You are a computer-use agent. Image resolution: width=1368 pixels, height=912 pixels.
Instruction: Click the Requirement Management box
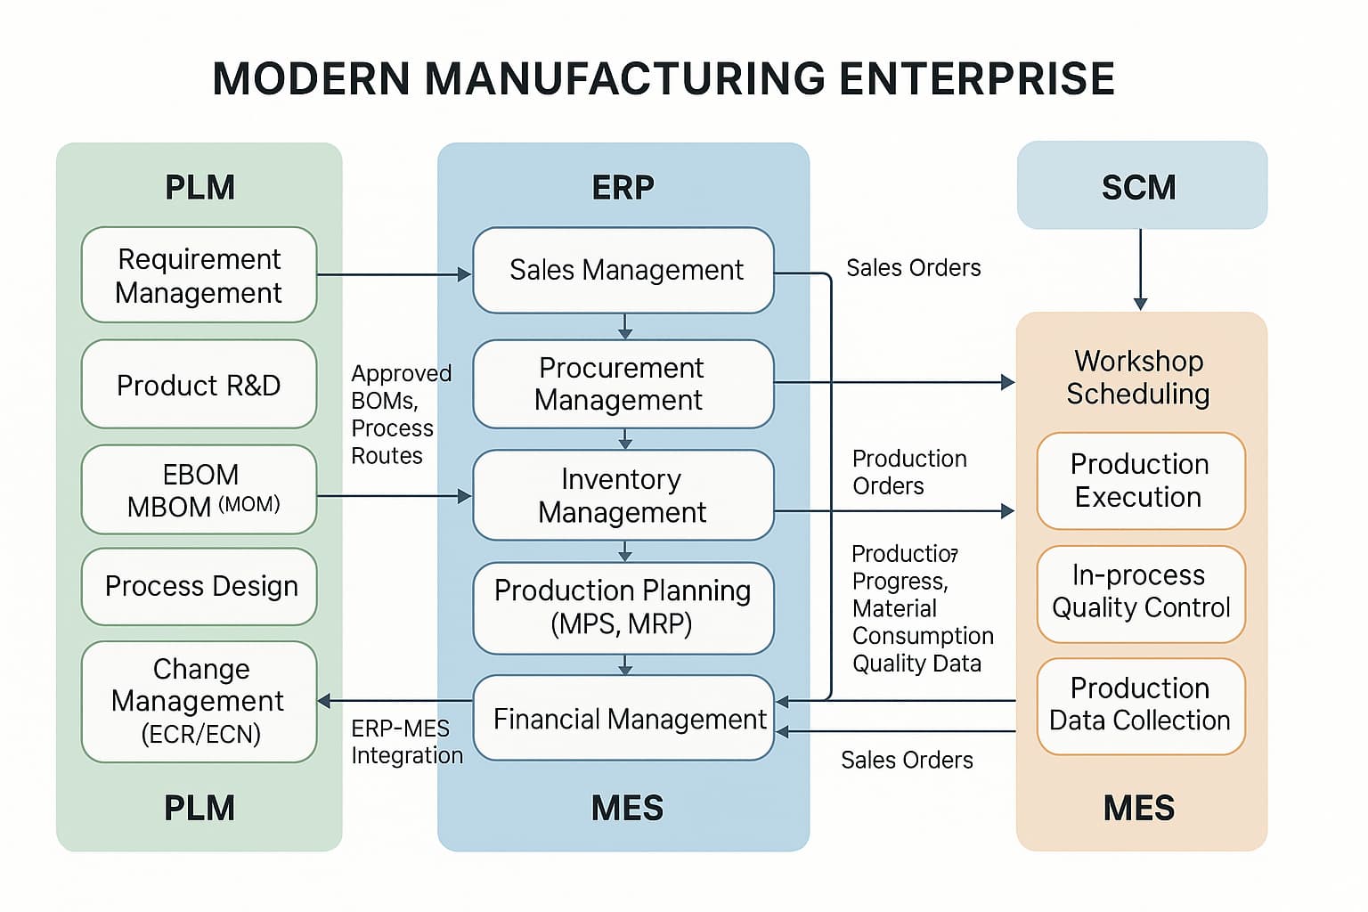click(x=199, y=275)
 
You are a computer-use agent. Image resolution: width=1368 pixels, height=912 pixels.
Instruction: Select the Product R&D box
click(x=199, y=384)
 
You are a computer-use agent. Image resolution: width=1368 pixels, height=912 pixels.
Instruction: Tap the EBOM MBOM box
click(x=199, y=489)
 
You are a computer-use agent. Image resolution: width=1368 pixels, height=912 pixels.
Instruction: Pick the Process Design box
click(x=199, y=586)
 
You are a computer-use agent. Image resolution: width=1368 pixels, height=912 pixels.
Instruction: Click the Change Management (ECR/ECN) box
click(x=199, y=701)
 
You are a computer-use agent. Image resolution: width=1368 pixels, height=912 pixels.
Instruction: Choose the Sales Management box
click(x=623, y=270)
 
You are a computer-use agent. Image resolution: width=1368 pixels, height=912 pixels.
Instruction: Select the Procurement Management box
click(x=623, y=384)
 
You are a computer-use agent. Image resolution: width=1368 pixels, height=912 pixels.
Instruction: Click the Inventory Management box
click(x=623, y=495)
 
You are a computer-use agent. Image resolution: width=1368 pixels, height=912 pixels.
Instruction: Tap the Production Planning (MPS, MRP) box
click(x=623, y=607)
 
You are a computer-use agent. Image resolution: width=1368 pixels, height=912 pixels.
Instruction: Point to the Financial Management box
click(x=623, y=718)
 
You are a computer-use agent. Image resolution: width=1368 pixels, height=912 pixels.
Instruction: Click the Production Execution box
click(x=1141, y=481)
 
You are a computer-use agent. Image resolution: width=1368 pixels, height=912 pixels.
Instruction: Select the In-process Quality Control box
click(x=1141, y=594)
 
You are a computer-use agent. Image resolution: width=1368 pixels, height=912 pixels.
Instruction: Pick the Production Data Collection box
click(x=1141, y=706)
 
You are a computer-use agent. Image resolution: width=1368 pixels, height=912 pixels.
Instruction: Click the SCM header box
click(x=1142, y=185)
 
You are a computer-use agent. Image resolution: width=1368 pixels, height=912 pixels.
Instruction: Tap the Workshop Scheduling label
click(x=1138, y=378)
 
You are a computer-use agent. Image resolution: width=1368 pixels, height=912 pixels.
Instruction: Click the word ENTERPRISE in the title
click(x=977, y=78)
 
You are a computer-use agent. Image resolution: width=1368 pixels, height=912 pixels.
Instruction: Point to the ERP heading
click(x=623, y=188)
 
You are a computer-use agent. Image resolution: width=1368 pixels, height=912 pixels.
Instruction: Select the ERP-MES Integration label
click(x=407, y=742)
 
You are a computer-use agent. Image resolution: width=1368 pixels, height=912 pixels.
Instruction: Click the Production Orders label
click(x=909, y=472)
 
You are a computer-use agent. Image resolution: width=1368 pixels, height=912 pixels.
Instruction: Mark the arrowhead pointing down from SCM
click(x=1140, y=304)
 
